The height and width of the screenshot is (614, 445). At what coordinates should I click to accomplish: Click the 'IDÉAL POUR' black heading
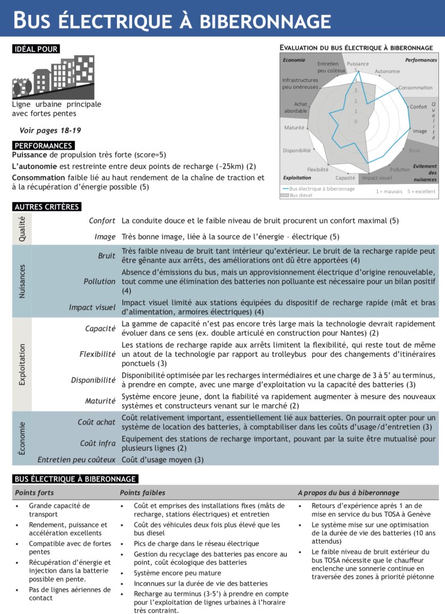[x=35, y=49]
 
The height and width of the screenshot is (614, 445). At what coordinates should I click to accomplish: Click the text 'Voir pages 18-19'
[x=50, y=130]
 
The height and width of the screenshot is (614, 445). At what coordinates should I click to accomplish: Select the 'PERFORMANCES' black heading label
[x=43, y=146]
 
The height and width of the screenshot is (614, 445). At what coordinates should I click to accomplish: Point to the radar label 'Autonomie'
[x=387, y=71]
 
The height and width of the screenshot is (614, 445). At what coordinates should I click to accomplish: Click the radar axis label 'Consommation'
[x=415, y=88]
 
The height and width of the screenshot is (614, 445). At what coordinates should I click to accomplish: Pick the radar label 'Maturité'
[x=294, y=128]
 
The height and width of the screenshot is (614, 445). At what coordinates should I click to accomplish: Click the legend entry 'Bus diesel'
[x=301, y=195]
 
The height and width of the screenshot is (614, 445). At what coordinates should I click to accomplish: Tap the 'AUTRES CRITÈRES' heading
[x=46, y=207]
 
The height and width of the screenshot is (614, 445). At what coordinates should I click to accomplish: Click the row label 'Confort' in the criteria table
[x=102, y=221]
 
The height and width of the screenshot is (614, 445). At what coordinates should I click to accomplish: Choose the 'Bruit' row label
[x=107, y=256]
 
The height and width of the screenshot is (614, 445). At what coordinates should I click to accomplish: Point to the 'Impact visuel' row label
[x=92, y=308]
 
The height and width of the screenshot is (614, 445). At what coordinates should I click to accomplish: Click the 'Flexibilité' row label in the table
[x=97, y=354]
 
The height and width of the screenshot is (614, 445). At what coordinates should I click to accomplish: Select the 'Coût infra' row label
[x=98, y=443]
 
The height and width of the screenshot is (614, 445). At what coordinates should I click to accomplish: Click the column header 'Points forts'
[x=34, y=493]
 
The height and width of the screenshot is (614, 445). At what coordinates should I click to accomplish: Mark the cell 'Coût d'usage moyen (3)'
[x=163, y=460]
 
